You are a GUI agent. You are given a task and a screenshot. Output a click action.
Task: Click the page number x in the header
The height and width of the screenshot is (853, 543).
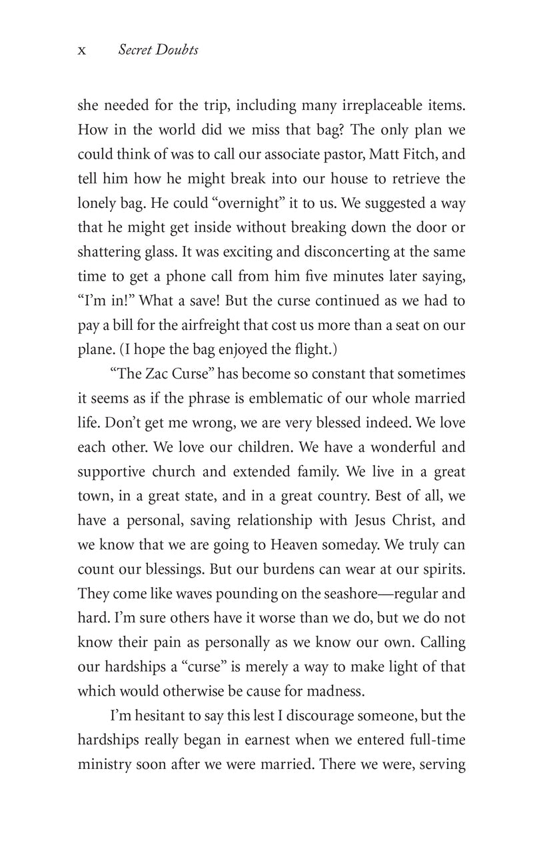pyautogui.click(x=82, y=51)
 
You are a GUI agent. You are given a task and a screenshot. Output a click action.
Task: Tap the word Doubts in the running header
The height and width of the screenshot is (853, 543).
pyautogui.click(x=177, y=51)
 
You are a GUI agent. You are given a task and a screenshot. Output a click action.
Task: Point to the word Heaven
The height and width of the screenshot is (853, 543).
pyautogui.click(x=296, y=544)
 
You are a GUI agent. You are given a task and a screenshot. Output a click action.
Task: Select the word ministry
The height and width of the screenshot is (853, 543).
pyautogui.click(x=105, y=764)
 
